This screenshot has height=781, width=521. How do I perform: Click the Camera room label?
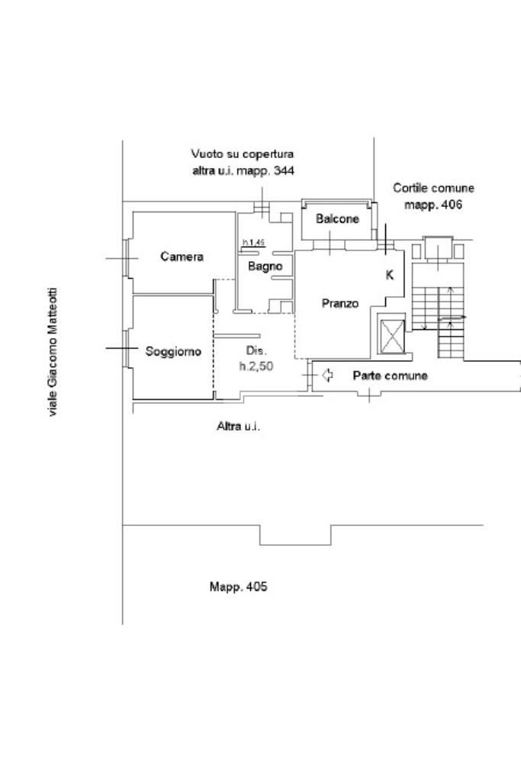pos(182,257)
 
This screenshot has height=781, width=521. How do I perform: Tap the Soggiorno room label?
pos(173,352)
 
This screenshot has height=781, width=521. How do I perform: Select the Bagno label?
pos(265,266)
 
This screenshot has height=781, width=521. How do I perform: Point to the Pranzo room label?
pos(339,303)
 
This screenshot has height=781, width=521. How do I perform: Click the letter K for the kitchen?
pos(389,276)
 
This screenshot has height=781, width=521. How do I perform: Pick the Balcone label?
pos(337,219)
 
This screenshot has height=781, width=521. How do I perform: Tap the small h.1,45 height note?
pos(253,243)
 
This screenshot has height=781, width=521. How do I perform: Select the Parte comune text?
pos(390,376)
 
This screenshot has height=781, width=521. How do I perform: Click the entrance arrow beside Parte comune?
pos(328,375)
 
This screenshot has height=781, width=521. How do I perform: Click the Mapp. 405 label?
pos(238,587)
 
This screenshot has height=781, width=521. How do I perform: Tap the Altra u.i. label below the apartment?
pos(238,426)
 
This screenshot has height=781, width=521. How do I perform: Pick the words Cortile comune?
pos(433,188)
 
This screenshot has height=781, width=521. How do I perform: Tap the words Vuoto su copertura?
pos(243,154)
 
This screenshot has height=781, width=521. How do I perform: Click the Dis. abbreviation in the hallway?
pos(256,351)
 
